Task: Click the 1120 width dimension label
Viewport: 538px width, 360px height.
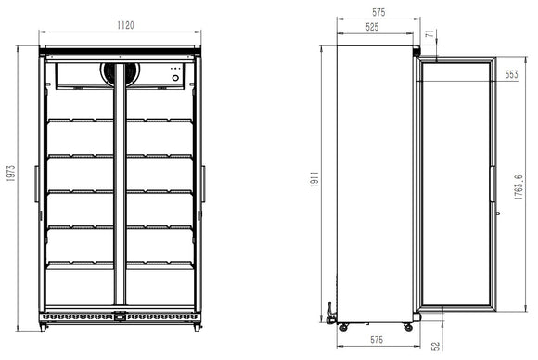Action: pos(121,25)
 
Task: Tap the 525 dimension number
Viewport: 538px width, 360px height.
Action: pos(371,28)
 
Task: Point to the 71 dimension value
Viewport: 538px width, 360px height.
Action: pos(429,35)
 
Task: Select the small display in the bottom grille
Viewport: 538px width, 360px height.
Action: pos(121,320)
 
